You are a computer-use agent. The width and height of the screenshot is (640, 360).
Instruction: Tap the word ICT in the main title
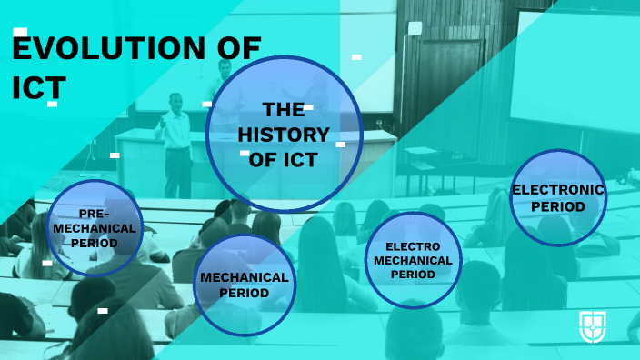(39, 85)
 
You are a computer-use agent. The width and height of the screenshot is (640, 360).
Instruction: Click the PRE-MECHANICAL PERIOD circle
(96, 228)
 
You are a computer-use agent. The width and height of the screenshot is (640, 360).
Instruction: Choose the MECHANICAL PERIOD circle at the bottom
(245, 285)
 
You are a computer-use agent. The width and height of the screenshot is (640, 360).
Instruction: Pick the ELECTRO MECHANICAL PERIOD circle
(413, 260)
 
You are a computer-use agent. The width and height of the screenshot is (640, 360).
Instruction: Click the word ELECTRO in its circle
(413, 246)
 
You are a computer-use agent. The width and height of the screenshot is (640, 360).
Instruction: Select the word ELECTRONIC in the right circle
(558, 189)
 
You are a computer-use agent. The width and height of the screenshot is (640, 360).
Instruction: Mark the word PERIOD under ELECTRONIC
(558, 206)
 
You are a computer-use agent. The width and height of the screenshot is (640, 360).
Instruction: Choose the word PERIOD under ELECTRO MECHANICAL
(413, 274)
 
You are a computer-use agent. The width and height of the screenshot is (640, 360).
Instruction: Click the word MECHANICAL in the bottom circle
(245, 277)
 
